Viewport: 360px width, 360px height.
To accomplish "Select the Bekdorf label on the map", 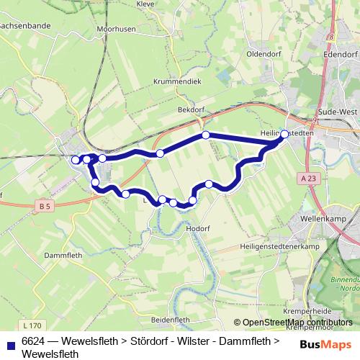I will coord(191,109).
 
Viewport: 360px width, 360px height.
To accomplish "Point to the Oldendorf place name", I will coord(264,54).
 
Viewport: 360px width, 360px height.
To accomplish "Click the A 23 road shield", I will coord(309,178).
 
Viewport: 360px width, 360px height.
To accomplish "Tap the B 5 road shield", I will coord(45,207).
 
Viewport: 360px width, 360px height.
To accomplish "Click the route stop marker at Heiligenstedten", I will coord(284,134).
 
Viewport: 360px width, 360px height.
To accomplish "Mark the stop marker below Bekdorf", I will coord(206,135).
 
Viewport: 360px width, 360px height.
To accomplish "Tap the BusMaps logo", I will coord(325,344).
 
